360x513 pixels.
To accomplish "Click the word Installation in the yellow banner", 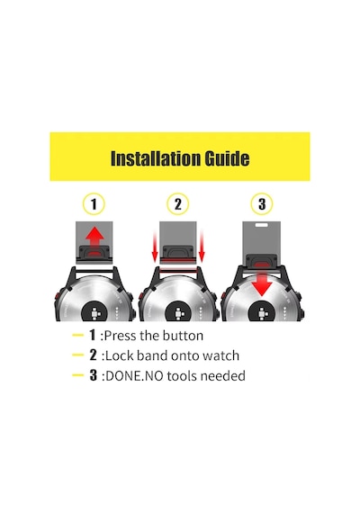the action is coord(156,158).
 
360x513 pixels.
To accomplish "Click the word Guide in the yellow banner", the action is coord(227,158).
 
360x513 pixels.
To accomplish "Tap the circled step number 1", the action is coord(94,204).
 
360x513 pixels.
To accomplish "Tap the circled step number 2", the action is coord(177,204).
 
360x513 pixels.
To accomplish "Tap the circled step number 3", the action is coord(262,204).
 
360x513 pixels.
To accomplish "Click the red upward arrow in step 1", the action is coord(94,239).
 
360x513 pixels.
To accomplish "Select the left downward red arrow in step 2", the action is coord(155,247).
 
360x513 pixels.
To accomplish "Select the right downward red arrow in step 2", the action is coord(202,247).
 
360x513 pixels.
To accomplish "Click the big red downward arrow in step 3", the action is coord(262,280).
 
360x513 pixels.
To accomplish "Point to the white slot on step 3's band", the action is coord(262,225).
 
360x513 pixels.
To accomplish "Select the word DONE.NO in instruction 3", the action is coord(134,376).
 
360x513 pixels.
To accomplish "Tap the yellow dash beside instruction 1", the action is coord(78,335).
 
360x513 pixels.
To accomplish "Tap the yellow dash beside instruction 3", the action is coord(78,375).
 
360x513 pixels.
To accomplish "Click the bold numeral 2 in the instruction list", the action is coord(94,355).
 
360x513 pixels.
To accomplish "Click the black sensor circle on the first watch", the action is coord(94,311).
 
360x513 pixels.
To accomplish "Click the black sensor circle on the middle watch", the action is coord(177,311).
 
